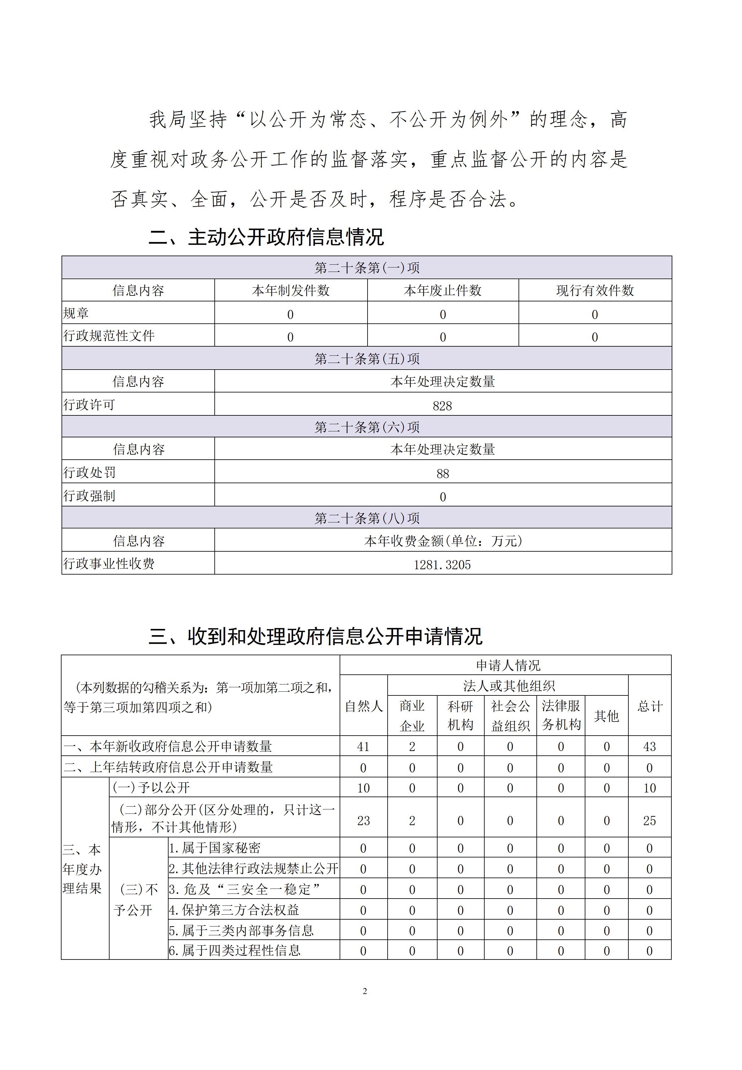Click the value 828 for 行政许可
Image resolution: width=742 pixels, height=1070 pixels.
tap(442, 406)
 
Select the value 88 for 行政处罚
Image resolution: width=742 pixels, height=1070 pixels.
tap(443, 473)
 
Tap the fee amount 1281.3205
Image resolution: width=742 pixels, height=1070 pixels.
tap(442, 565)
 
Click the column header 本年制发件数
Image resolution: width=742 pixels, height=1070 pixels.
tap(291, 291)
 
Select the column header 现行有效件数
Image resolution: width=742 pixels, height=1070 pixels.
tap(595, 291)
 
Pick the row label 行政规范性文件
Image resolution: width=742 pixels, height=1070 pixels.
tap(109, 336)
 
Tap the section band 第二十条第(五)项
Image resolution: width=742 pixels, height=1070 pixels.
tap(367, 359)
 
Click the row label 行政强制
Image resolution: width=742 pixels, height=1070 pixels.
tap(89, 496)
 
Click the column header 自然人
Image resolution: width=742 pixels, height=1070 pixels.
tap(363, 706)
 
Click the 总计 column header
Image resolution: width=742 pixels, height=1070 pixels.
tap(650, 706)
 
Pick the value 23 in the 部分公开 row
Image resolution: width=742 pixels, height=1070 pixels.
tap(363, 821)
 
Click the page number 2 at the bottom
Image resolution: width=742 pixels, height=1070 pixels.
tap(365, 991)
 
